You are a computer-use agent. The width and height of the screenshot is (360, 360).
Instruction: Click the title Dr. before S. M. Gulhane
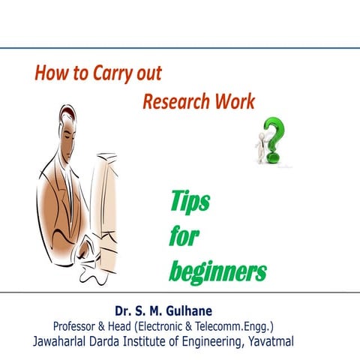coord(124,309)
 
